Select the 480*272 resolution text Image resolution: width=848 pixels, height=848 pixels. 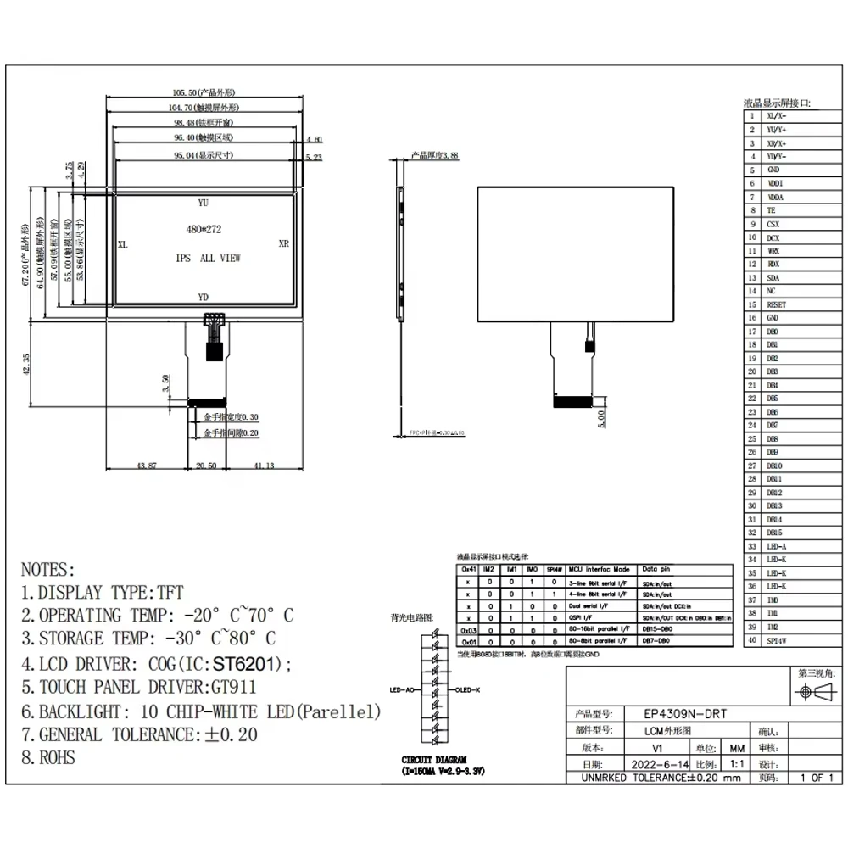204,229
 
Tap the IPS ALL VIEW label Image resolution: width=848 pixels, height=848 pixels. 208,258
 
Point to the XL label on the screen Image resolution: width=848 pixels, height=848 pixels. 122,243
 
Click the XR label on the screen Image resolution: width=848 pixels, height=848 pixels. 284,243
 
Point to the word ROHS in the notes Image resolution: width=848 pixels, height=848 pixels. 56,757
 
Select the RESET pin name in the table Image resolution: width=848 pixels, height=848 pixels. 776,304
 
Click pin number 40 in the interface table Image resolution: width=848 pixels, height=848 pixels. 751,640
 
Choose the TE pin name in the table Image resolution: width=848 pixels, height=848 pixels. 770,210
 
